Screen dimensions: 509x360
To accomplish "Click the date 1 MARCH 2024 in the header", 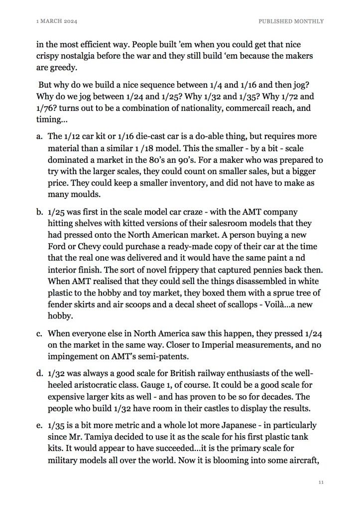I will pos(59,21).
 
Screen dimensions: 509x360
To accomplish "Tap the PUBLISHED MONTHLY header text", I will pos(291,21).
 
